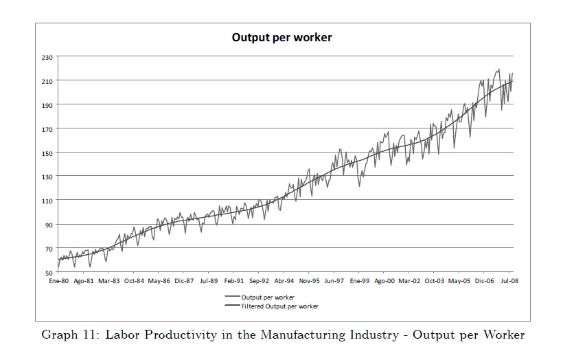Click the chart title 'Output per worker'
(x=281, y=37)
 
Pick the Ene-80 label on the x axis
(x=58, y=281)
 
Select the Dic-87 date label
(x=184, y=281)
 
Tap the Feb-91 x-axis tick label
(x=234, y=281)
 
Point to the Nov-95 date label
(x=309, y=281)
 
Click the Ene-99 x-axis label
(x=360, y=281)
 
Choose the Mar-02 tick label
(x=410, y=281)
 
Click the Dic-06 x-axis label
(x=485, y=281)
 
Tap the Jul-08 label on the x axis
(x=509, y=281)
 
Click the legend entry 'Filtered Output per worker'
(x=279, y=306)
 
